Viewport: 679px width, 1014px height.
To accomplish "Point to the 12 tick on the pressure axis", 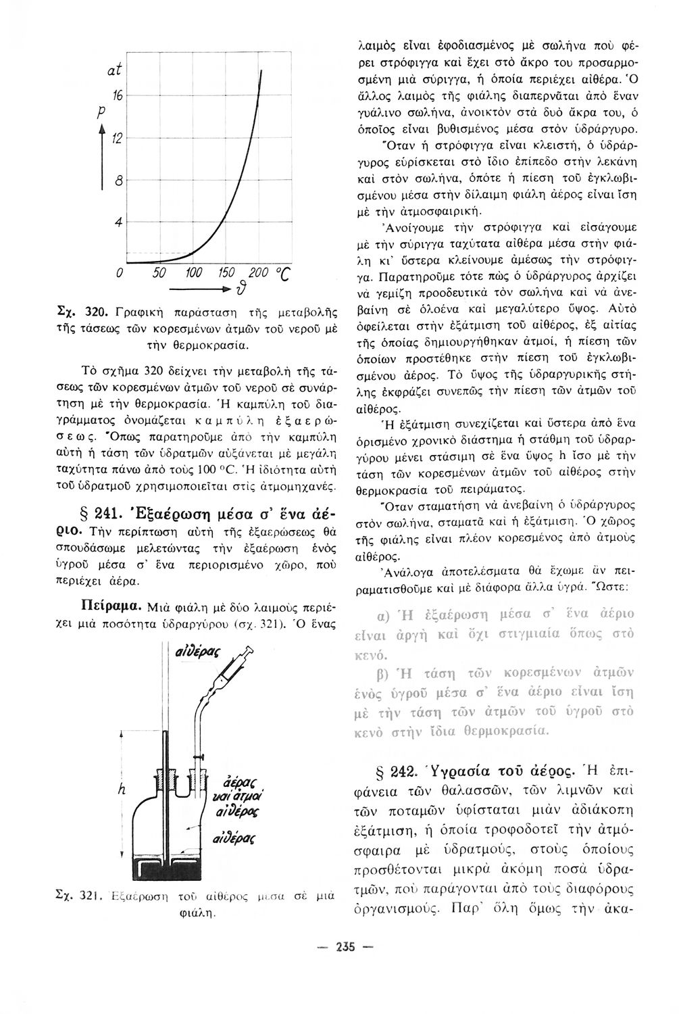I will click(x=116, y=139).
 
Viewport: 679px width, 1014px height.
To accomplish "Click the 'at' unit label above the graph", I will click(x=114, y=69).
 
